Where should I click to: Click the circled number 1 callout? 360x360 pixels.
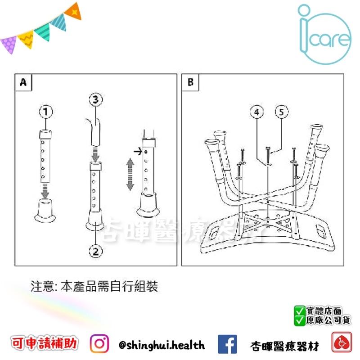(46, 111)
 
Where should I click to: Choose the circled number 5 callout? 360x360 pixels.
(281, 112)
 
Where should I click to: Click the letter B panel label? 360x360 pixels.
(190, 82)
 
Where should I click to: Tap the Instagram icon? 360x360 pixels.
(99, 345)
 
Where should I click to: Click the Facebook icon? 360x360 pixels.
(227, 345)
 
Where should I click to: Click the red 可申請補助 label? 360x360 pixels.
(44, 345)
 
